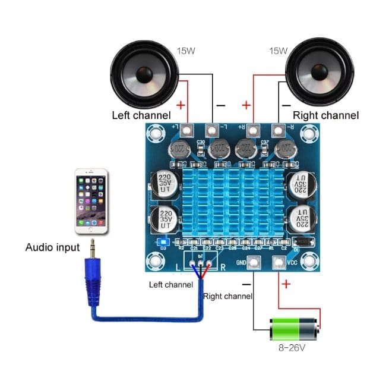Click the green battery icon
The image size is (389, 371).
tap(294, 329)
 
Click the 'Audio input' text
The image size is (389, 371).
tap(52, 247)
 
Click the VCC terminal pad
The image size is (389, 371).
tap(277, 262)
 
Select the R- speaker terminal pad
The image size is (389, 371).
tap(277, 130)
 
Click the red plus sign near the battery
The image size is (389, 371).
tap(286, 284)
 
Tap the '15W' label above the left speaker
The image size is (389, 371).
tap(185, 51)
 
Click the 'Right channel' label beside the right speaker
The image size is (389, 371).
tap(326, 115)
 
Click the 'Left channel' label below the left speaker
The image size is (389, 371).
tap(141, 115)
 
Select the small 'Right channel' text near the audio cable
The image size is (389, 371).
tap(227, 295)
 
